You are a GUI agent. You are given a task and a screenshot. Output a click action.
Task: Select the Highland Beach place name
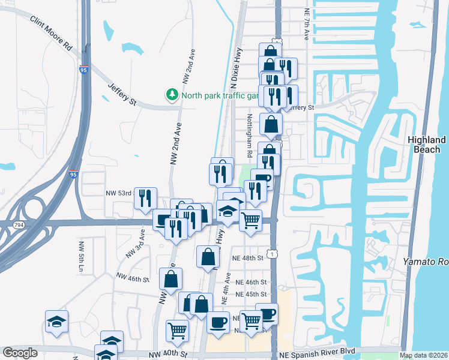[426, 144]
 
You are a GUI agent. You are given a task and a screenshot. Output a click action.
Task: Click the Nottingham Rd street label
[249, 136]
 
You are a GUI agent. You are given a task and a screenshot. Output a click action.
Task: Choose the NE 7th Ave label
[306, 24]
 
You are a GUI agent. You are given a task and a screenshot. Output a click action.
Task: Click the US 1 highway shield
[274, 254]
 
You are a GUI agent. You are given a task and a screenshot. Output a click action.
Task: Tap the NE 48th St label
[249, 258]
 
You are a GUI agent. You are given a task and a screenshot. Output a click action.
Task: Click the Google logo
[20, 353]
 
